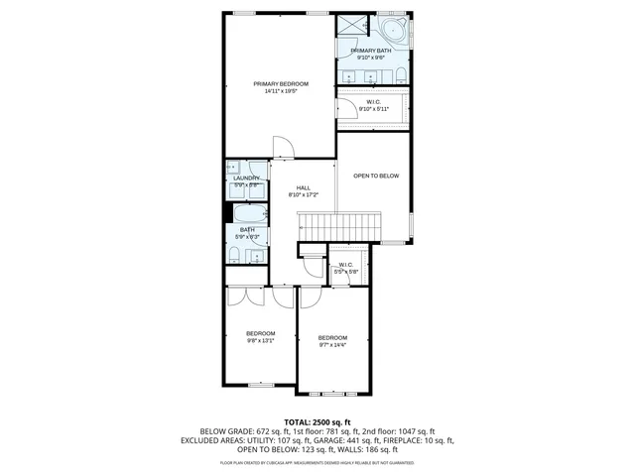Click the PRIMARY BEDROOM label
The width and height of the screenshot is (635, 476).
click(280, 83)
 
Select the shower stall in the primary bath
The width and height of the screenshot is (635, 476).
click(351, 28)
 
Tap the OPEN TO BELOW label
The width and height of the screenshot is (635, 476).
click(376, 176)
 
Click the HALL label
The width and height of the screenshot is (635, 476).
click(303, 187)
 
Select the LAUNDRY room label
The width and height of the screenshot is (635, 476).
click(246, 178)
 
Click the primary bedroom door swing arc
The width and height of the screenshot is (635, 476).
click(284, 146)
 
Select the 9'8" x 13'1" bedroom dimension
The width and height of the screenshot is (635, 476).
click(260, 340)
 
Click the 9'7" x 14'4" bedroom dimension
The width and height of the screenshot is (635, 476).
click(332, 345)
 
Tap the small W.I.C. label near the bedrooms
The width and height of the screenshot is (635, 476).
click(345, 265)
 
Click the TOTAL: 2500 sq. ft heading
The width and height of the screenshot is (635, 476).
click(317, 421)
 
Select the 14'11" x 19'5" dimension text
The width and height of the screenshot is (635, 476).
click(280, 91)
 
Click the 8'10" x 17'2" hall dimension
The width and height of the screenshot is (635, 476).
click(303, 194)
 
